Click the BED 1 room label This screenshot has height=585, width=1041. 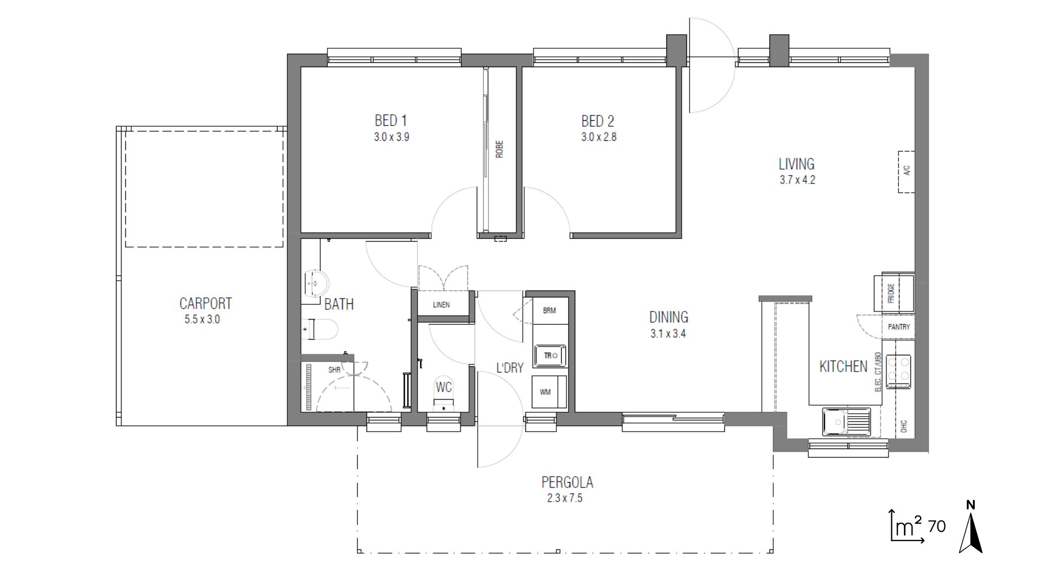pos(390,120)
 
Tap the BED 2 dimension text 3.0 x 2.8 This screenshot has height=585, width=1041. pos(599,137)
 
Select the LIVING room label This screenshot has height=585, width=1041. pos(796,164)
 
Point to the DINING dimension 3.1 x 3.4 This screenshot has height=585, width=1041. pos(668,334)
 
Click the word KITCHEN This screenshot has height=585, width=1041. pos(843,367)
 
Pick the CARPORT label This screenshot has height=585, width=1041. pos(205,303)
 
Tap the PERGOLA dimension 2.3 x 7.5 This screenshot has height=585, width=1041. pos(565,498)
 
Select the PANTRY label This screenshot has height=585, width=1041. pos(898,327)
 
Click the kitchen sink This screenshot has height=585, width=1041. pos(846,422)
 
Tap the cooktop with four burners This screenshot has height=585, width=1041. pos(898,371)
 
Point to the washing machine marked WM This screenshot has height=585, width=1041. pos(549,392)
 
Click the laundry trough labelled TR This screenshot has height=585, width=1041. pos(550,356)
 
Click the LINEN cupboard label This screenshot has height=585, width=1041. pos(441,305)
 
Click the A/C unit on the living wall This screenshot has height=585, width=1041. pos(906,172)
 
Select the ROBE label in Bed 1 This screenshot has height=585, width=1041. pos(499,149)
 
